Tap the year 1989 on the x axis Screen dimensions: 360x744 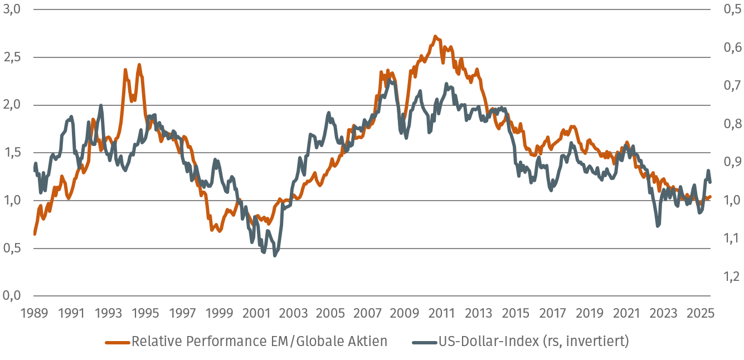point(34,313)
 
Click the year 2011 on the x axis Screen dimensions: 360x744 point(442,313)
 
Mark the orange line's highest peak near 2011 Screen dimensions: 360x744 point(435,37)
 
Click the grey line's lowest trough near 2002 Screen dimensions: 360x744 point(275,255)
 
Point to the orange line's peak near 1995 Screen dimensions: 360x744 point(139,65)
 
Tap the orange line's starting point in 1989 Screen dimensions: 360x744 point(35,234)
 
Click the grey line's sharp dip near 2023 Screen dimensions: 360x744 point(658,226)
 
